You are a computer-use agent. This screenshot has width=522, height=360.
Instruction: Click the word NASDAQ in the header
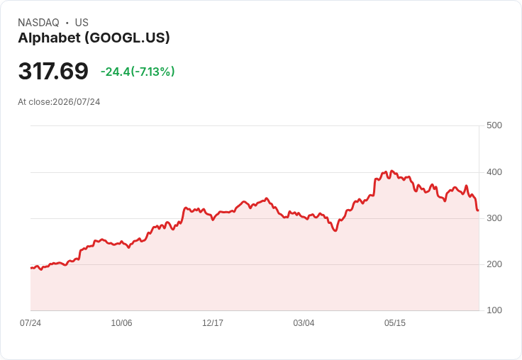38,23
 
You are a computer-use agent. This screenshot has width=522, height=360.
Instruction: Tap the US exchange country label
82,23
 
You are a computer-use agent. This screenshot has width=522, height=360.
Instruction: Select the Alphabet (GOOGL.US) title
94,38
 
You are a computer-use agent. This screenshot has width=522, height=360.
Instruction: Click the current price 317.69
53,71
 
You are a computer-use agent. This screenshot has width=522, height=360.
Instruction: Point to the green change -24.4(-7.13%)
138,72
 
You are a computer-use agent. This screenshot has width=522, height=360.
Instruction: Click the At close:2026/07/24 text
59,102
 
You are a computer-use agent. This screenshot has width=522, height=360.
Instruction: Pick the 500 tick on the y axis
494,125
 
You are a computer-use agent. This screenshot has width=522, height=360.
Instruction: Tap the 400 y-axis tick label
494,172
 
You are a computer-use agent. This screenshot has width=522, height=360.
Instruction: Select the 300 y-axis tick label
494,218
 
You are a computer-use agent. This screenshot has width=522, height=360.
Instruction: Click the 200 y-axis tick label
494,264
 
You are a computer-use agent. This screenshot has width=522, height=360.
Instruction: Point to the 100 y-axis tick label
494,310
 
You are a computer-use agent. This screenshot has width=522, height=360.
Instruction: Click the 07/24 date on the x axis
30,323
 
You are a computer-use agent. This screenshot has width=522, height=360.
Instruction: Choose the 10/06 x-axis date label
121,323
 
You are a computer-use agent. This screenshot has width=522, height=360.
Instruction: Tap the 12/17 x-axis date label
213,323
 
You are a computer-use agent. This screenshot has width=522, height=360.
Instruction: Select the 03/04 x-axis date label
304,323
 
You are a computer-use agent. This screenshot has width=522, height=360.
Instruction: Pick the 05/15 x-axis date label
395,323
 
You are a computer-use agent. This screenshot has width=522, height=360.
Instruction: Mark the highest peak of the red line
391,171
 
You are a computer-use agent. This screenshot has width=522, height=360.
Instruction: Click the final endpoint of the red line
478,210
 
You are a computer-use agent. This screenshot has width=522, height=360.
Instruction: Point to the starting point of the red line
31,268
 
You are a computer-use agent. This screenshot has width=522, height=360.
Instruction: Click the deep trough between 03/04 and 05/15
335,230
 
